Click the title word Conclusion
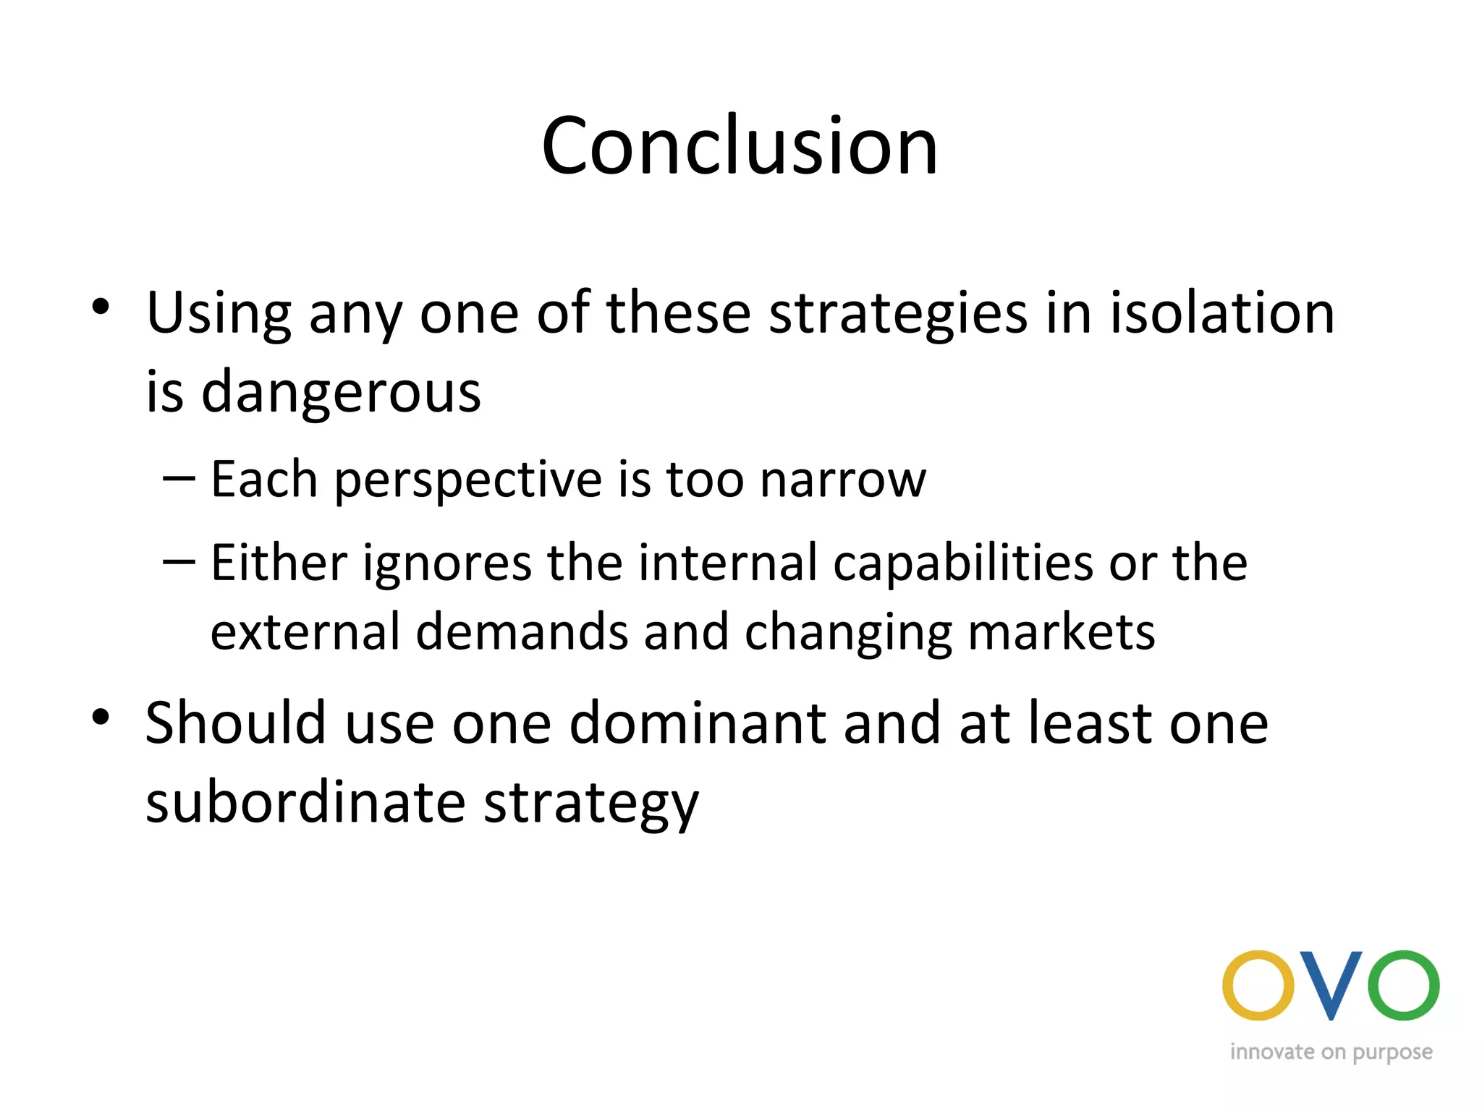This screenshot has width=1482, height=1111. (740, 146)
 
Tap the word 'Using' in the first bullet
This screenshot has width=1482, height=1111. (219, 314)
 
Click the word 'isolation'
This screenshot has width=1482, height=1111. (1222, 312)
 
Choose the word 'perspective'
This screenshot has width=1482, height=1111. (467, 480)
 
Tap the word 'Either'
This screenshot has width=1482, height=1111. (279, 563)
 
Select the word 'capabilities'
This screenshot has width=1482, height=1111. (963, 564)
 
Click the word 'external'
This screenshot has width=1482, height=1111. (305, 632)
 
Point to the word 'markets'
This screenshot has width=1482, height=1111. (1062, 632)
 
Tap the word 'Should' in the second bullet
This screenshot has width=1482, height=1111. (236, 723)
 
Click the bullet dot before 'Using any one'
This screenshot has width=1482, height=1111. (101, 307)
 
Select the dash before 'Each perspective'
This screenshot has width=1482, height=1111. (179, 478)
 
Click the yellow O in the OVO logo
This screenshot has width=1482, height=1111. (1258, 986)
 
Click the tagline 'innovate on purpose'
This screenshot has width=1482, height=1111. (1331, 1052)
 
